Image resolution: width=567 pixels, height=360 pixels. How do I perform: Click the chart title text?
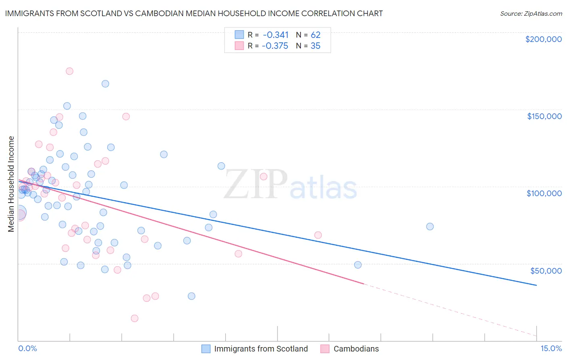pos(194,13)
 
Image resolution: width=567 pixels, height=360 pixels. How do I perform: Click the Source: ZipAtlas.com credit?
pos(531,13)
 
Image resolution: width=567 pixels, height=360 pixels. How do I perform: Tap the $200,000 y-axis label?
pos(543,39)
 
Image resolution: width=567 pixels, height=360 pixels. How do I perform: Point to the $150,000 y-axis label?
pos(544,116)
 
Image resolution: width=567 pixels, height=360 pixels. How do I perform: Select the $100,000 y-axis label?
pos(544,193)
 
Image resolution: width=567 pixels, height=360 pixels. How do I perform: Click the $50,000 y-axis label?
pos(546,270)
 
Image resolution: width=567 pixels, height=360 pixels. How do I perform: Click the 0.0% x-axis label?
pos(27,348)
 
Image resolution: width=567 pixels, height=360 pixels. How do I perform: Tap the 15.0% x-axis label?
pos(551,348)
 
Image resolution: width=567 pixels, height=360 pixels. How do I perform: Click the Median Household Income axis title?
pos(11,184)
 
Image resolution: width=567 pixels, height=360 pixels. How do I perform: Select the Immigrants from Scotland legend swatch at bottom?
pos(206,349)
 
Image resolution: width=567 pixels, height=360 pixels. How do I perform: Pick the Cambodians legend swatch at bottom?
pos(325,349)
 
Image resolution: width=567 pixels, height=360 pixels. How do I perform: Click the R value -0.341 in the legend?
pos(275,35)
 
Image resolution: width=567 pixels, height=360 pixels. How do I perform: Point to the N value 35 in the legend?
pos(315,46)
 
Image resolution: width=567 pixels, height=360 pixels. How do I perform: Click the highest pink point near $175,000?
pos(69,71)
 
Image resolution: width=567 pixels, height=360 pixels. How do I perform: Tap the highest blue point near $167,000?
pos(105,84)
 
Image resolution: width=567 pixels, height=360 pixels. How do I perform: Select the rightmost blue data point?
pos(430,226)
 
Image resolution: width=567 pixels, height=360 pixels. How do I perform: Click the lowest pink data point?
pos(135,318)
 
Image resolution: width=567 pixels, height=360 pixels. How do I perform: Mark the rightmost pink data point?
pos(318,235)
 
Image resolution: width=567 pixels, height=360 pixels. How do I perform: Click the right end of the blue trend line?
pos(536,285)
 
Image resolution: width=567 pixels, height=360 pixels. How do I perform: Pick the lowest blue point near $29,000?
pos(192,296)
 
